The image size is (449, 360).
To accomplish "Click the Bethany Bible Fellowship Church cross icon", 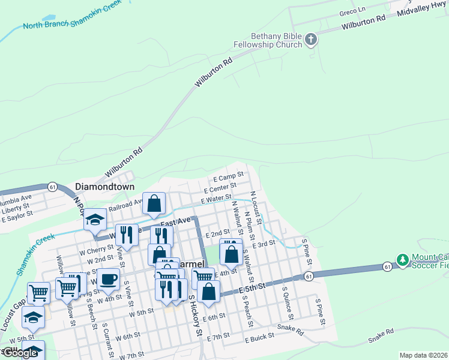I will pos(310,40).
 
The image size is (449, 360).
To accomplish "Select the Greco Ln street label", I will pos(352,11).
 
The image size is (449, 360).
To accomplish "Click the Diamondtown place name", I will pos(100,187).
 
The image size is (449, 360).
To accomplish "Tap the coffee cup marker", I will pos(109,279).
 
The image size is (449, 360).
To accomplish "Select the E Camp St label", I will pos(228,178).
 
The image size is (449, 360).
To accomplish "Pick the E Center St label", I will pos(220,188).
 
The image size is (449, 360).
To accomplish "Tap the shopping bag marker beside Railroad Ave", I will pos(154,203).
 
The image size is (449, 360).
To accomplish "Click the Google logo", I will pos(19,353).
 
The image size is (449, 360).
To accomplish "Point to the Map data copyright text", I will pos(423,355).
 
